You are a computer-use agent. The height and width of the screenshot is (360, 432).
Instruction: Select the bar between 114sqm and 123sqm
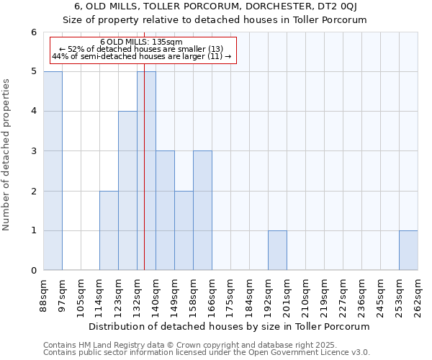(x=109, y=230)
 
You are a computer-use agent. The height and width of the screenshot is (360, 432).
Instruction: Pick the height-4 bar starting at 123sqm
(x=127, y=191)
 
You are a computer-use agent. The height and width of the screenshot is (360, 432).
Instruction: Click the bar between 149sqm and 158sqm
(x=184, y=230)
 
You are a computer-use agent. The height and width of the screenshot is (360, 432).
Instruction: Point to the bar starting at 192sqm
(x=277, y=251)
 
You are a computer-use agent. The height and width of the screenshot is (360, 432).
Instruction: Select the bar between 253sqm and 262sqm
(x=408, y=251)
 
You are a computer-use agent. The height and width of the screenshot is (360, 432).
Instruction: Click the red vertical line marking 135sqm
(x=144, y=180)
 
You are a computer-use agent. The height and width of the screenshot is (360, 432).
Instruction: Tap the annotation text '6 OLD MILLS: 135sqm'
(x=141, y=42)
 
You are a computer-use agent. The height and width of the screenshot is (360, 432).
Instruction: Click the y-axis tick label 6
(x=33, y=32)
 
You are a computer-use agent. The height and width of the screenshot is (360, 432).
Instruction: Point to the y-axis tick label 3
(x=33, y=151)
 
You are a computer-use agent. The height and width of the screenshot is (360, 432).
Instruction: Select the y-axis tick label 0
(x=33, y=271)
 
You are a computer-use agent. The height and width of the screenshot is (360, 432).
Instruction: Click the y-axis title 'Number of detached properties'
(x=6, y=155)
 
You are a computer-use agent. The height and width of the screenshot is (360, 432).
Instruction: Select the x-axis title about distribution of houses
(x=230, y=326)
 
